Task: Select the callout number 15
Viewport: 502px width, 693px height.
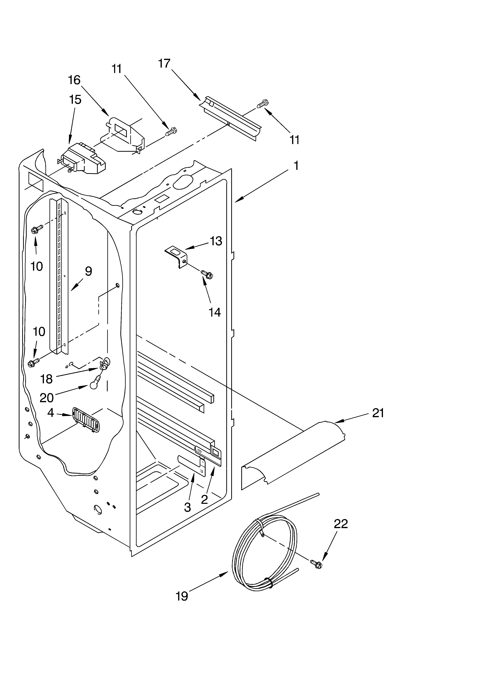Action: pyautogui.click(x=75, y=100)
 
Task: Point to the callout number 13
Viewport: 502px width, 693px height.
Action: pyautogui.click(x=216, y=241)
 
